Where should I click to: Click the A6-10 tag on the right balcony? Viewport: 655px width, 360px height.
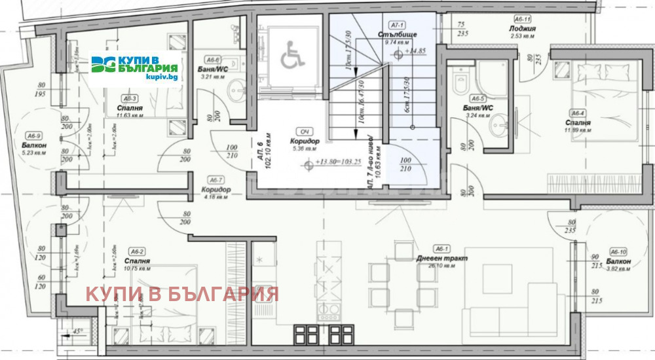618,251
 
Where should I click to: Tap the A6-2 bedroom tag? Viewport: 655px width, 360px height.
137,251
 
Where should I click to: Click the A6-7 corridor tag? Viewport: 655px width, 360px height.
215,180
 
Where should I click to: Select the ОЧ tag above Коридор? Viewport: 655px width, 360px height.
304,130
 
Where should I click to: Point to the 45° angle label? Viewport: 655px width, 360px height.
78,331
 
